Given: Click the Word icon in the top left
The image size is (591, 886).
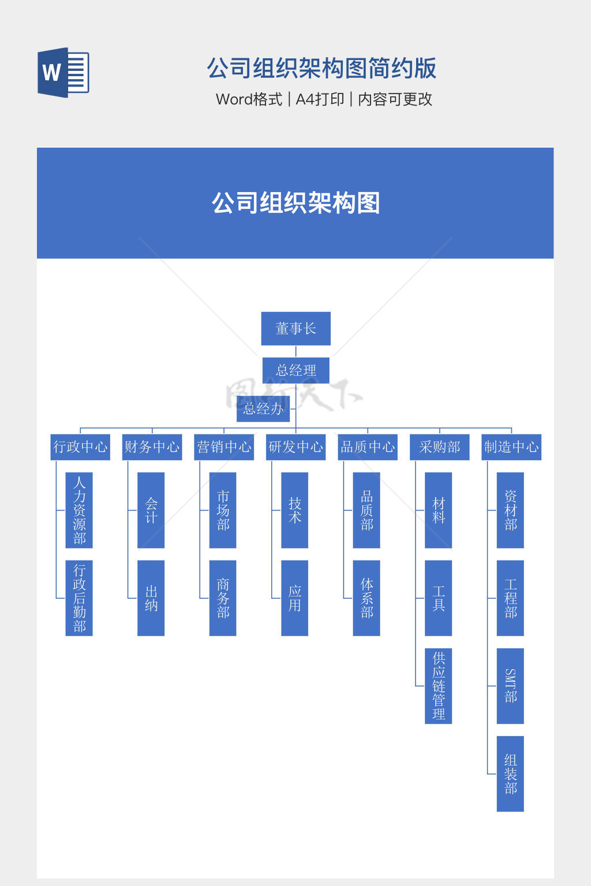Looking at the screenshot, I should pyautogui.click(x=63, y=73).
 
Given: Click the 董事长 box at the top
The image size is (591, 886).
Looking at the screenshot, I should pyautogui.click(x=295, y=329).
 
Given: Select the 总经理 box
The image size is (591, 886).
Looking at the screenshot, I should pyautogui.click(x=295, y=370).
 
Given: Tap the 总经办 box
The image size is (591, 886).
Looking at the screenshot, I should pyautogui.click(x=263, y=408).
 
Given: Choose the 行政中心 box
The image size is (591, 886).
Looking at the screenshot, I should pyautogui.click(x=80, y=447).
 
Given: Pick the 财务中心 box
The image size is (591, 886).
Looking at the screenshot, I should pyautogui.click(x=152, y=447).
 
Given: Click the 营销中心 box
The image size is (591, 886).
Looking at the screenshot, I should pyautogui.click(x=224, y=447).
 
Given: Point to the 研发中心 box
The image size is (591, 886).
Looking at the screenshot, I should pyautogui.click(x=295, y=447).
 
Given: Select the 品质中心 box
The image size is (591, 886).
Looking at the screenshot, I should pyautogui.click(x=368, y=447).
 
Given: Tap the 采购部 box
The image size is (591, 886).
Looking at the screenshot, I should pyautogui.click(x=439, y=447).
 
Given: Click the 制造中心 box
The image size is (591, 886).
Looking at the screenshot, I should pyautogui.click(x=511, y=447).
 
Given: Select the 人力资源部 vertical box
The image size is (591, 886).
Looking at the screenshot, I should pyautogui.click(x=79, y=510).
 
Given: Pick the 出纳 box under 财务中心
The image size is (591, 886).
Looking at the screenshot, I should pyautogui.click(x=151, y=598).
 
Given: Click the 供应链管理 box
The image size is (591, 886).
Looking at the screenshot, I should pyautogui.click(x=439, y=686).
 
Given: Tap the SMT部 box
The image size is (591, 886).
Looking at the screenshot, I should pyautogui.click(x=510, y=686).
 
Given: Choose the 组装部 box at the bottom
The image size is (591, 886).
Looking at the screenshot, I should pyautogui.click(x=510, y=774).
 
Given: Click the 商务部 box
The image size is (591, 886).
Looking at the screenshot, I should pyautogui.click(x=223, y=598).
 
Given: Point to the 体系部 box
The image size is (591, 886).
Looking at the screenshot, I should pyautogui.click(x=366, y=598).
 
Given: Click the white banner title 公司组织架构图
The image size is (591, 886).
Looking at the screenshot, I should pyautogui.click(x=295, y=203).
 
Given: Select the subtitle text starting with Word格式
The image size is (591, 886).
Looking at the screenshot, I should pyautogui.click(x=324, y=99).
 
